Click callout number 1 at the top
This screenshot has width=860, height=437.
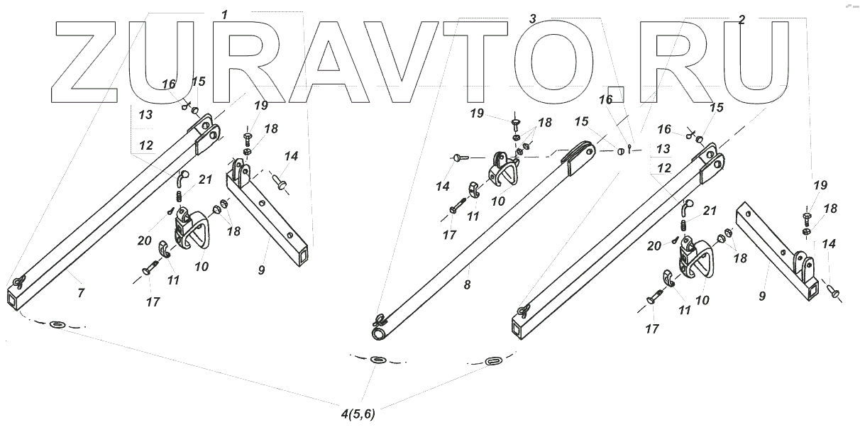pos(225,15)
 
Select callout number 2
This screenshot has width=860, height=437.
pos(741,20)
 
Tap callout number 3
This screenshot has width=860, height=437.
pos(532,20)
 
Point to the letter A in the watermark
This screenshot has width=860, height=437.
pos(329,62)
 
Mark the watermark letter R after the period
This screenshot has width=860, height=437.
pos(678,62)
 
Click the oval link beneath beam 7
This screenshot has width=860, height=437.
pos(57,325)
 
